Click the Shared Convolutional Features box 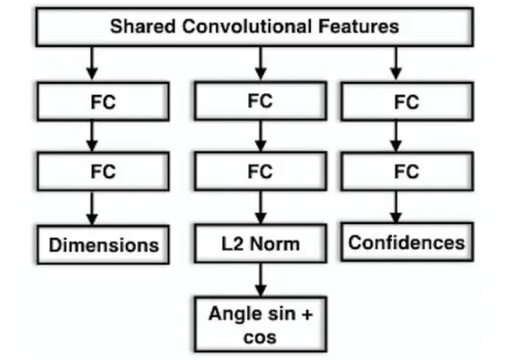click(254, 28)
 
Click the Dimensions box click(103, 244)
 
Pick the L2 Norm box click(260, 243)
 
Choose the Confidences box click(407, 242)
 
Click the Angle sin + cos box click(260, 324)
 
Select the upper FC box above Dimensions click(103, 102)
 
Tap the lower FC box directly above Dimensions click(103, 173)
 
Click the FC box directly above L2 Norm click(260, 172)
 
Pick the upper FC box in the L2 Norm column click(260, 101)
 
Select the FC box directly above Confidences click(407, 172)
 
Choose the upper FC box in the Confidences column click(407, 102)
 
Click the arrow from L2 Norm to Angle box click(260, 280)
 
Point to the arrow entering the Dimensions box click(92, 209)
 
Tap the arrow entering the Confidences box click(396, 208)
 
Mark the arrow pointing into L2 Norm click(260, 209)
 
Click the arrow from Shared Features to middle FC click(260, 64)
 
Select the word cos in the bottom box click(260, 337)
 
